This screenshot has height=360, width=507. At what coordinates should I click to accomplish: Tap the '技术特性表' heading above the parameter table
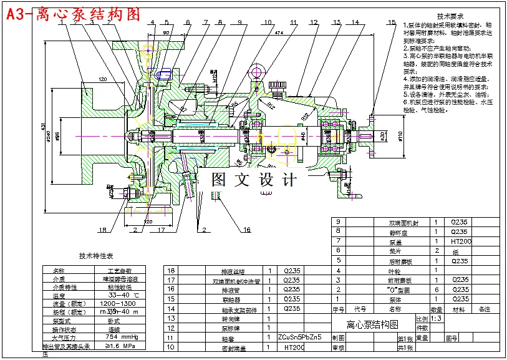[96, 256]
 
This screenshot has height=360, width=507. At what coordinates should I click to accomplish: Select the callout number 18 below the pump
[103, 229]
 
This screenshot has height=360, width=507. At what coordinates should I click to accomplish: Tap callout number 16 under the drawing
[247, 230]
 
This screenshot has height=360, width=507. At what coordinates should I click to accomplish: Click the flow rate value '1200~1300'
[118, 303]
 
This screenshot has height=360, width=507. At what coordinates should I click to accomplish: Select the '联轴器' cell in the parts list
[230, 299]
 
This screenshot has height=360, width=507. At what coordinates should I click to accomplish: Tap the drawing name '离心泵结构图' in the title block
[372, 324]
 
